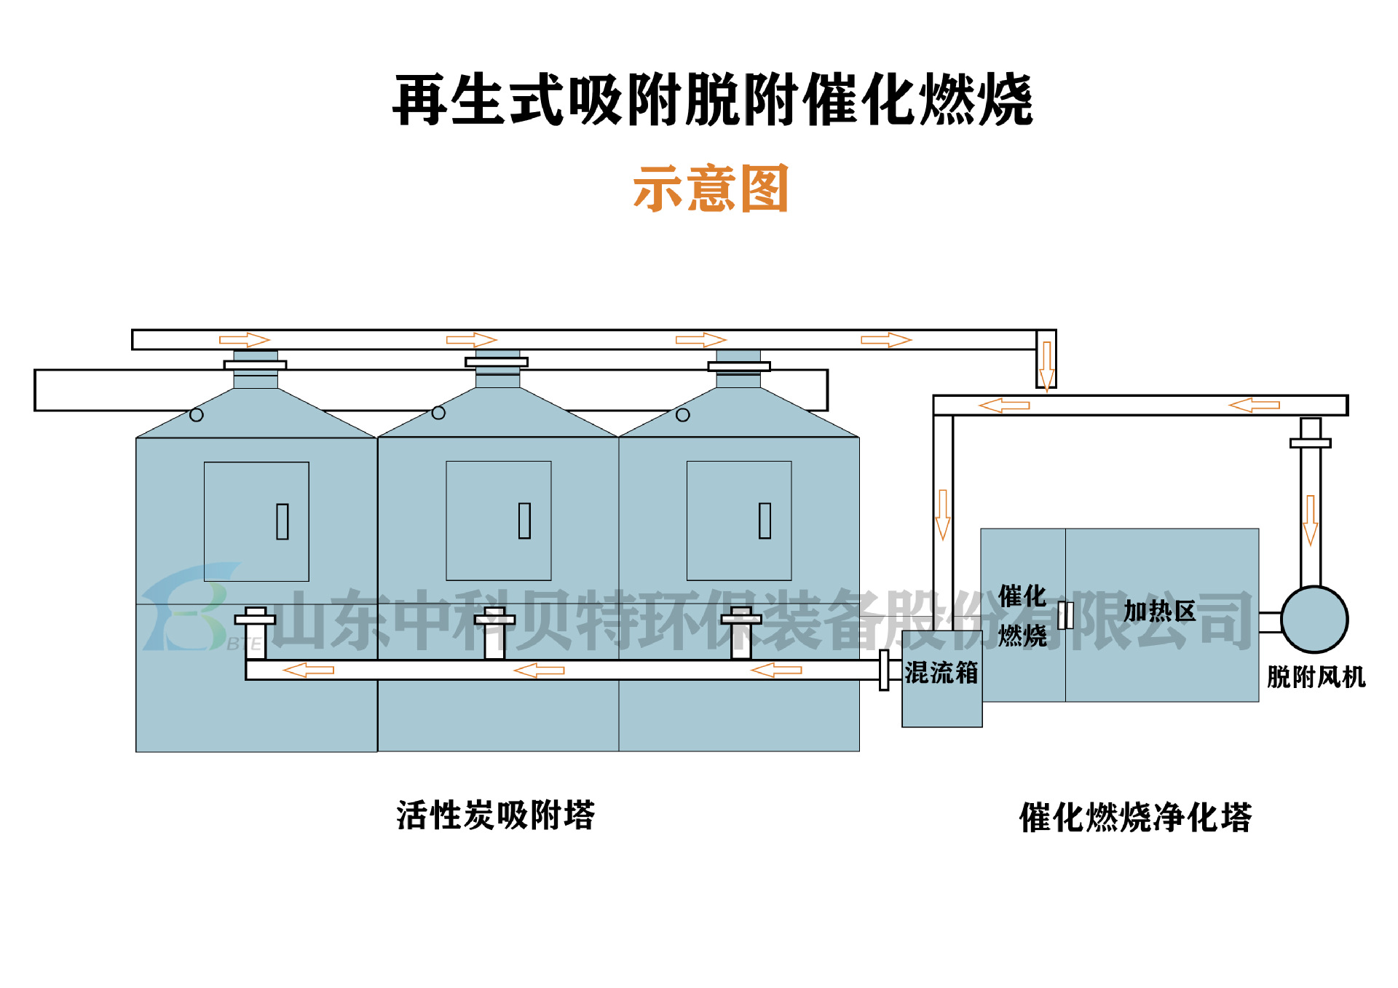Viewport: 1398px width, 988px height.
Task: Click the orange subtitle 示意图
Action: (x=711, y=188)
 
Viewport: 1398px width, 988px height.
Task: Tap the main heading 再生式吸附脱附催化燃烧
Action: (x=712, y=100)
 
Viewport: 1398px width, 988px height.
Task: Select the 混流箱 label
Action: (x=941, y=673)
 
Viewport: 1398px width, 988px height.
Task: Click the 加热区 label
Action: (x=1159, y=611)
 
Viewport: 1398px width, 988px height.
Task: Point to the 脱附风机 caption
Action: (x=1316, y=677)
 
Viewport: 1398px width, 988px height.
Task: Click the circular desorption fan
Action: (x=1314, y=620)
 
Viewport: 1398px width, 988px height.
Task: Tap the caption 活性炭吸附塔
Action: (x=496, y=815)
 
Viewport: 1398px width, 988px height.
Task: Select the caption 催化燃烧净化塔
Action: (x=1135, y=817)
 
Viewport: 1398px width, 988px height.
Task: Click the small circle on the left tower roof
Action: (x=197, y=415)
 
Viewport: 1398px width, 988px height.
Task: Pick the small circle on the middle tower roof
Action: (x=438, y=413)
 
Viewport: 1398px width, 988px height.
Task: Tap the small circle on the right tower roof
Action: (x=682, y=415)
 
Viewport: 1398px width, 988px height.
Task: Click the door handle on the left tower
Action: (x=283, y=521)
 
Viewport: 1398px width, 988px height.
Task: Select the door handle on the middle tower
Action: (x=524, y=521)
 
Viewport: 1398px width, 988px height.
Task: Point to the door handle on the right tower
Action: (x=765, y=521)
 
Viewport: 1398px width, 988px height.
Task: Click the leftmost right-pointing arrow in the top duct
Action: (x=245, y=340)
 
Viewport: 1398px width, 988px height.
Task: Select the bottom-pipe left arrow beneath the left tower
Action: (x=308, y=670)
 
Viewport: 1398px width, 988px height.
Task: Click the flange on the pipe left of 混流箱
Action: (x=884, y=670)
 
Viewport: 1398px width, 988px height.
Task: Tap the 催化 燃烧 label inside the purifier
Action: (x=1022, y=616)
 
